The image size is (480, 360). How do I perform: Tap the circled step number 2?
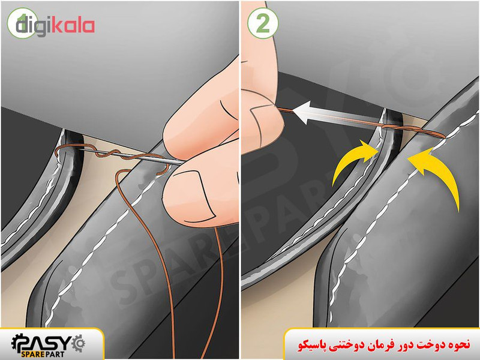[263, 23]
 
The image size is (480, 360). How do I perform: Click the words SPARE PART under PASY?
[43, 355]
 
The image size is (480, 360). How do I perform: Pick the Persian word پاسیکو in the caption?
[310, 345]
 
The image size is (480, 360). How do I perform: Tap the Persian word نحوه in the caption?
[459, 344]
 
